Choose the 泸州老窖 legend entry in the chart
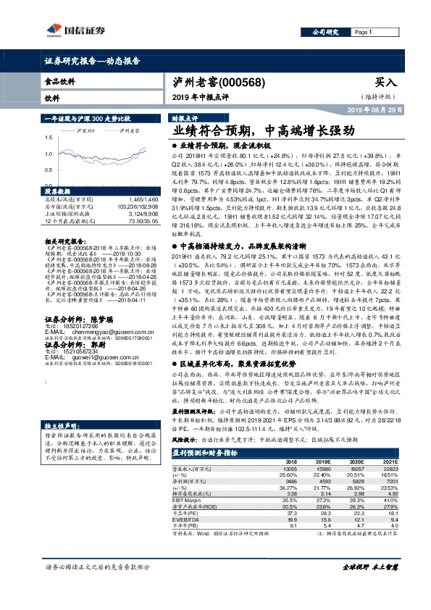130,130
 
